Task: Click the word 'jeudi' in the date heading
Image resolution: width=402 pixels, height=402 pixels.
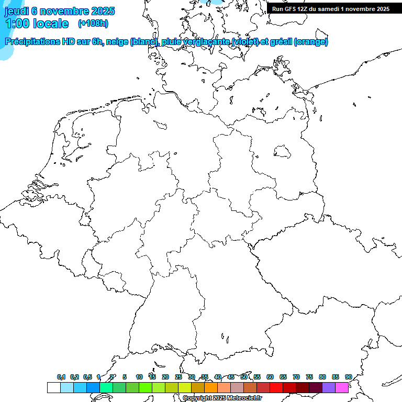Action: [x=16, y=11]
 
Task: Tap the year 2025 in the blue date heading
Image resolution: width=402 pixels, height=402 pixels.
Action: [x=102, y=11]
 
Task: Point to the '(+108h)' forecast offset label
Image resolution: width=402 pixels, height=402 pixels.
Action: [x=93, y=24]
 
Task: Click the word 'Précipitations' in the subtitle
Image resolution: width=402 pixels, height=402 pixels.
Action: [x=32, y=42]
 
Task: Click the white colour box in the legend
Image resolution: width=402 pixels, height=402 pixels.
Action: [x=53, y=388]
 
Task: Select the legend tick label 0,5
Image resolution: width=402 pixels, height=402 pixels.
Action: [x=87, y=377]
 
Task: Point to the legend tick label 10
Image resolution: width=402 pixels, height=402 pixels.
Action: [x=139, y=377]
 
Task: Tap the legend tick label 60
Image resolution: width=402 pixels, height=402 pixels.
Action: [x=270, y=377]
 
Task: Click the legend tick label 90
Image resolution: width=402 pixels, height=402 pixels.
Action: [x=349, y=377]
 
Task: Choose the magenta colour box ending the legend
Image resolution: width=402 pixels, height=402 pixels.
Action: [x=342, y=388]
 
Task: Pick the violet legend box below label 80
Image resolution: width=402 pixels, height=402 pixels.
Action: [x=329, y=388]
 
